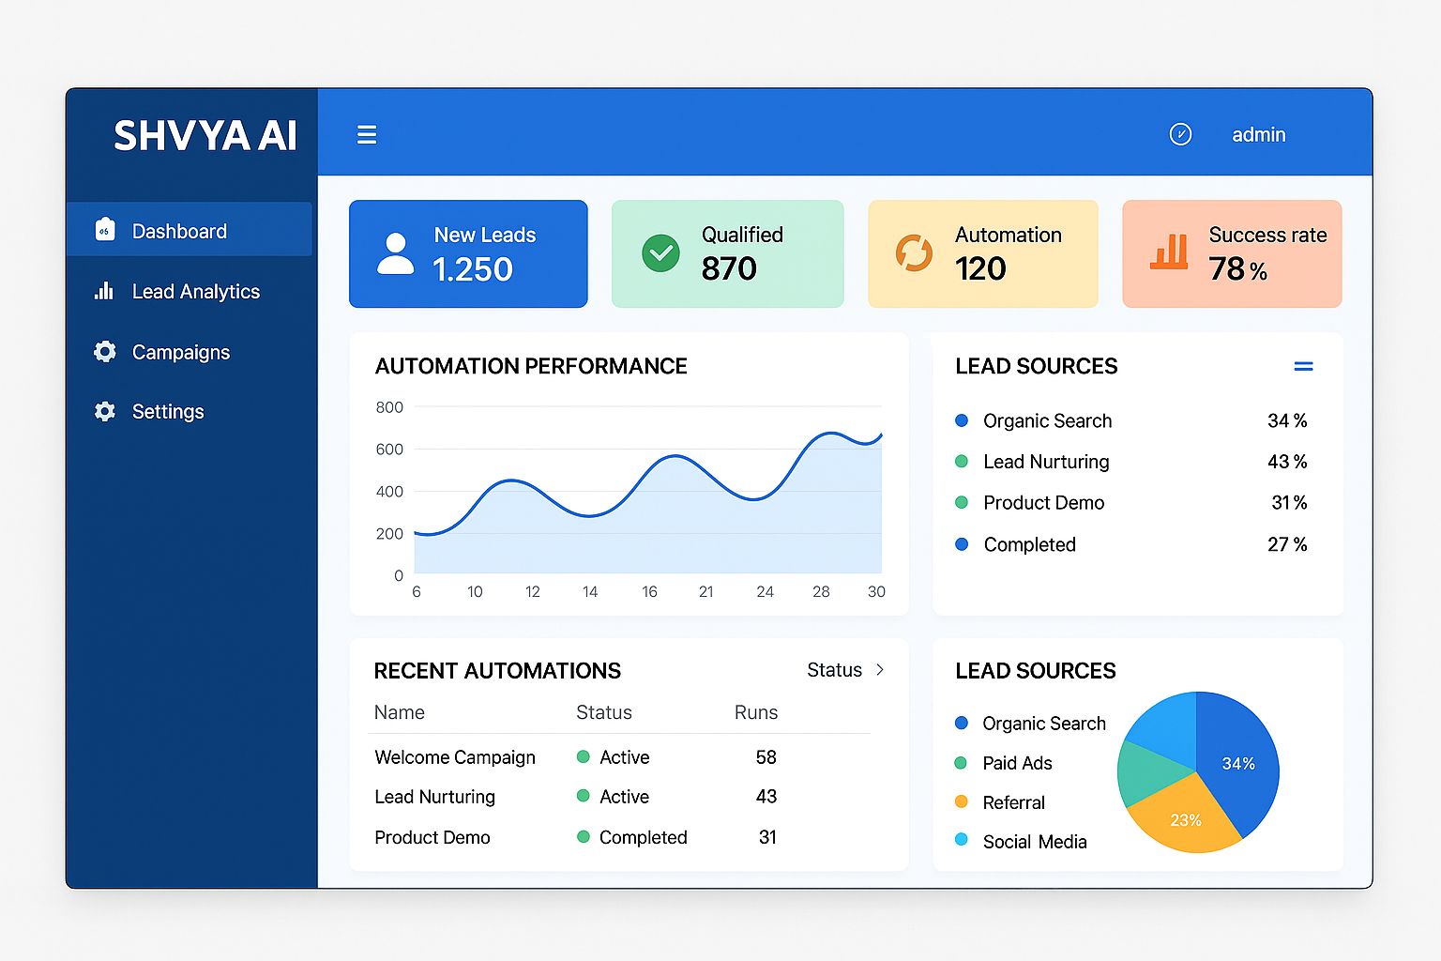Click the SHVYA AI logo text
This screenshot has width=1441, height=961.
click(205, 136)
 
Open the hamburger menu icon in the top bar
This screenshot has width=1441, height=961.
click(367, 135)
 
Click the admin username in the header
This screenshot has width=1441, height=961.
click(1258, 135)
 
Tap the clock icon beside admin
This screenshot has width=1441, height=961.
click(1180, 134)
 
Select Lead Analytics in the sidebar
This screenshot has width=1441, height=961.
click(195, 292)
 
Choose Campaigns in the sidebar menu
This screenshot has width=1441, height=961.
click(180, 352)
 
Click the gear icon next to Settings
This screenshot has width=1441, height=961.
click(105, 411)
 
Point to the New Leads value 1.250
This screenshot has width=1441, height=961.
click(472, 270)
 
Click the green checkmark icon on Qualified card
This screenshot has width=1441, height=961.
click(660, 253)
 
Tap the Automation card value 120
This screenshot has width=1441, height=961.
click(980, 269)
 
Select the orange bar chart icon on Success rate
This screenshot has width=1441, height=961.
click(1169, 252)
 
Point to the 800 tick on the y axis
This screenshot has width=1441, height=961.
click(389, 407)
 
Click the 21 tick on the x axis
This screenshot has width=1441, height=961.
click(706, 592)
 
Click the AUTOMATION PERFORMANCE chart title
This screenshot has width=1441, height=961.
click(531, 366)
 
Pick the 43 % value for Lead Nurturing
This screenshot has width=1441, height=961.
click(1286, 462)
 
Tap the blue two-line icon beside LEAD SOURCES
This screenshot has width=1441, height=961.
click(1303, 367)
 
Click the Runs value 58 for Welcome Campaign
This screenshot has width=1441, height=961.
click(766, 757)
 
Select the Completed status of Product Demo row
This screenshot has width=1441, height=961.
click(643, 837)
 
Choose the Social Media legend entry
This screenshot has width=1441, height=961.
click(1034, 842)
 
